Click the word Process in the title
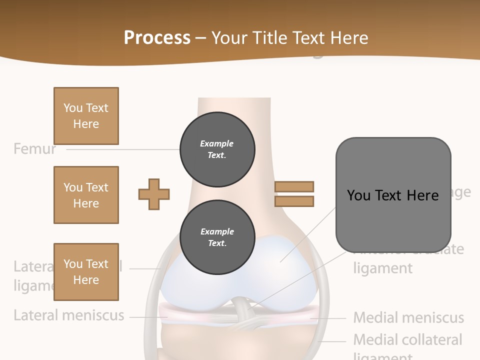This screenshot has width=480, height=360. [157, 38]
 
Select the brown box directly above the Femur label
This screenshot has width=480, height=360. [86, 116]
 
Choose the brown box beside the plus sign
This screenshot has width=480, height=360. [86, 195]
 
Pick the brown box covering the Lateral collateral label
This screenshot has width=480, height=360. [86, 271]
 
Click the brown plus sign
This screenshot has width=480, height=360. [154, 194]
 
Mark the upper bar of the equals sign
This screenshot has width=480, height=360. [294, 186]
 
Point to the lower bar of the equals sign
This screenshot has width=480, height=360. [294, 201]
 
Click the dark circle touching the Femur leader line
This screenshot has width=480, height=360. [217, 149]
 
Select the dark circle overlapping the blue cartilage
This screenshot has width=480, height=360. [217, 237]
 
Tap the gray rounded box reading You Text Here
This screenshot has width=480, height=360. [393, 195]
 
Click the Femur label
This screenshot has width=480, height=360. [34, 149]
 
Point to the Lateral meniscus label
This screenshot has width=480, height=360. [68, 315]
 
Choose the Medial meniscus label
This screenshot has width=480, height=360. [408, 317]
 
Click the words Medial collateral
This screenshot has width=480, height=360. [407, 340]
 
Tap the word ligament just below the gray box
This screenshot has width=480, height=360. [383, 268]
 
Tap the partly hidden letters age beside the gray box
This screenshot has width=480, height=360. [461, 193]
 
